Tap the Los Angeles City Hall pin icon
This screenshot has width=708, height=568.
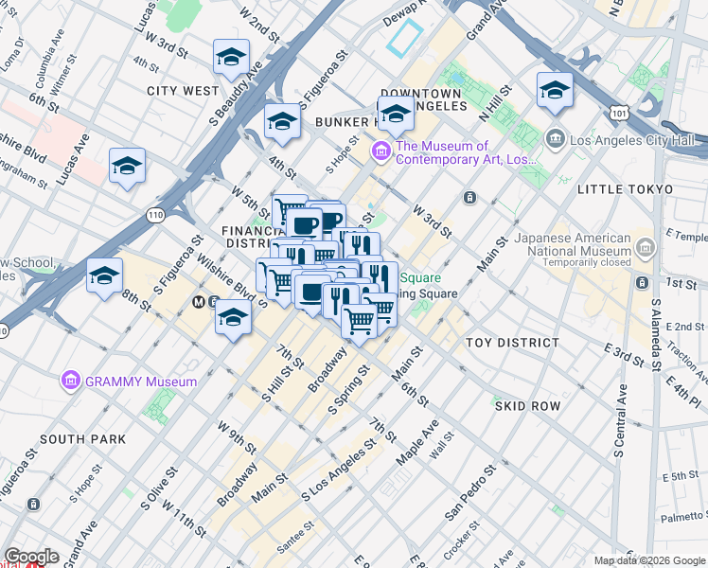tap(556, 140)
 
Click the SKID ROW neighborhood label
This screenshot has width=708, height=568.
tap(527, 405)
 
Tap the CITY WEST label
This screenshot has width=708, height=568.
tap(183, 91)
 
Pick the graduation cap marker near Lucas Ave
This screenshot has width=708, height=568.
tap(127, 167)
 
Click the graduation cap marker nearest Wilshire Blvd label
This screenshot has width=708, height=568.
tap(233, 317)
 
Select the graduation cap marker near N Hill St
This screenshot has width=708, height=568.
tap(555, 91)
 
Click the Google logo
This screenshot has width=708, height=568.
tap(31, 557)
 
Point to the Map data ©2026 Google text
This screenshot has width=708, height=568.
tap(650, 560)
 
